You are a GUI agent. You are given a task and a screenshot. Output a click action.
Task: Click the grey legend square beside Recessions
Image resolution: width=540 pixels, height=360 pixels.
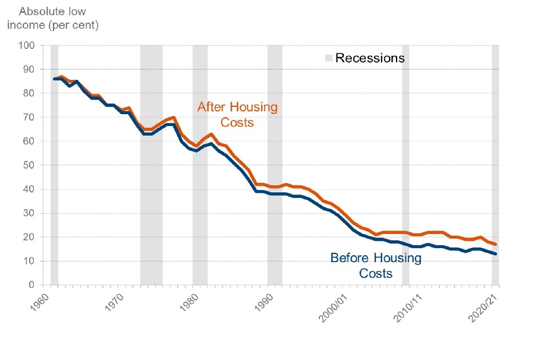coord(328,58)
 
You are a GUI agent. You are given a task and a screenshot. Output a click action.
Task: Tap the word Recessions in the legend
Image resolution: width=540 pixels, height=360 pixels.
coord(370,58)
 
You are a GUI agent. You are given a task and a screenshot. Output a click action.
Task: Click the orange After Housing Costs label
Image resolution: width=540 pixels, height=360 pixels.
coord(237,114)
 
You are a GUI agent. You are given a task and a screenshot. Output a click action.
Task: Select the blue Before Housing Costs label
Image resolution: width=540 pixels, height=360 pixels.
coord(376,265)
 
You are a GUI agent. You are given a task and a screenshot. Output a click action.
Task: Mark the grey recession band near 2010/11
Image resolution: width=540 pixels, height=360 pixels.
coord(406,165)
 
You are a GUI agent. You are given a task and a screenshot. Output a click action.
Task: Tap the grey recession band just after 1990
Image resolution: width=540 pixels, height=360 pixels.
coord(274,165)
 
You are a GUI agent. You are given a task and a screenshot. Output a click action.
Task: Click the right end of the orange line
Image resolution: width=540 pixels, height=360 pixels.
coord(496,244)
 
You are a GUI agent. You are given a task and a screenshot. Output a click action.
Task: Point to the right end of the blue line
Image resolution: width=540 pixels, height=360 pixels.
coord(496,254)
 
